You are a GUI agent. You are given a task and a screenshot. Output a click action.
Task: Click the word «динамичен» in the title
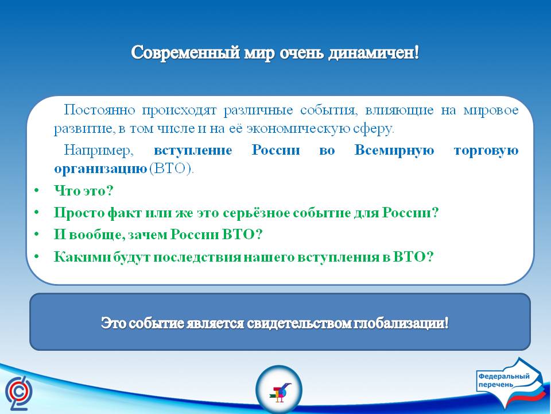point(374,53)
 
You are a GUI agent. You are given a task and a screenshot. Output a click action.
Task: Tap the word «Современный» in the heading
point(186,53)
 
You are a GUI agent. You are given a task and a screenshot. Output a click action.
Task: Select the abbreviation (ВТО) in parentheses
point(172,169)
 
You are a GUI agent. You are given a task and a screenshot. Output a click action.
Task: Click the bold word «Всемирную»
point(394,150)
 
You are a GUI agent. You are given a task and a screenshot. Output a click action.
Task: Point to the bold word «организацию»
point(101,170)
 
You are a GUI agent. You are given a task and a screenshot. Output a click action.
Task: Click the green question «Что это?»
point(84,191)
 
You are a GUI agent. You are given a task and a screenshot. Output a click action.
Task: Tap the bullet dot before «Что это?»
point(37,191)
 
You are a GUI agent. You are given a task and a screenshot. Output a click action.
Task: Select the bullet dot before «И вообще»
point(37,235)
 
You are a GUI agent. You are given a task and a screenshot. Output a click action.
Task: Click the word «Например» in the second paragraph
point(98,151)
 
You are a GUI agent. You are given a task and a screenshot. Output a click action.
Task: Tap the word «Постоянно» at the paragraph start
point(99,110)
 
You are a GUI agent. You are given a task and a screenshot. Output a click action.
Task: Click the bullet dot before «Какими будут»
point(37,257)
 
